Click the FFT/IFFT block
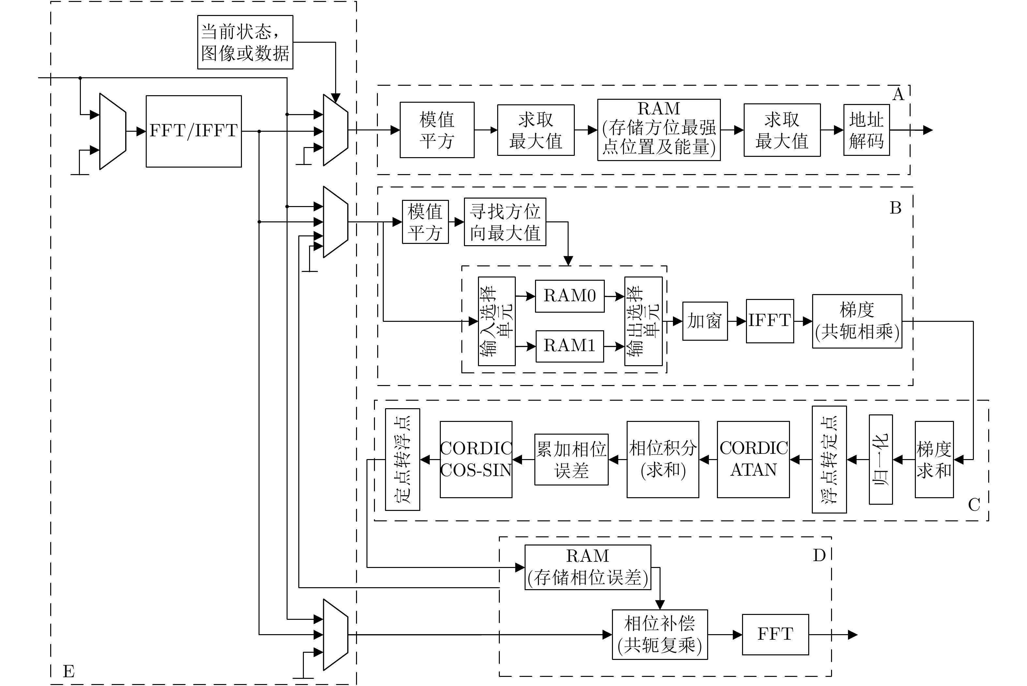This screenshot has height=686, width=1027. click(193, 131)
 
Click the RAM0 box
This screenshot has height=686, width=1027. click(570, 296)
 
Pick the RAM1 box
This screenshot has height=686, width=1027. click(570, 346)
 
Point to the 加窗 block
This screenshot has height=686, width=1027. click(705, 321)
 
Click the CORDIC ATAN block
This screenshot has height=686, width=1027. click(753, 459)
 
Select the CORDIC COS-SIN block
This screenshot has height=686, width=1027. click(476, 459)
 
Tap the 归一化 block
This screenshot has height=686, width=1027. click(881, 459)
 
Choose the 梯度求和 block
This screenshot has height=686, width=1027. click(934, 459)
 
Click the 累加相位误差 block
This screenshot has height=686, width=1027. click(571, 459)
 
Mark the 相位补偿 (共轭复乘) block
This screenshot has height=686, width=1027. click(660, 634)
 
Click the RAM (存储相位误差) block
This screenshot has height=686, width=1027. click(588, 567)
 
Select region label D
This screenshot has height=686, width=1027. click(819, 556)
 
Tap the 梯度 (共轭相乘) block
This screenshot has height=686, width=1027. click(857, 321)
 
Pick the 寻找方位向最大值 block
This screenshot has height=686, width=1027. click(505, 222)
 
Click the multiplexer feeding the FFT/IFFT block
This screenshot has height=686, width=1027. click(113, 131)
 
